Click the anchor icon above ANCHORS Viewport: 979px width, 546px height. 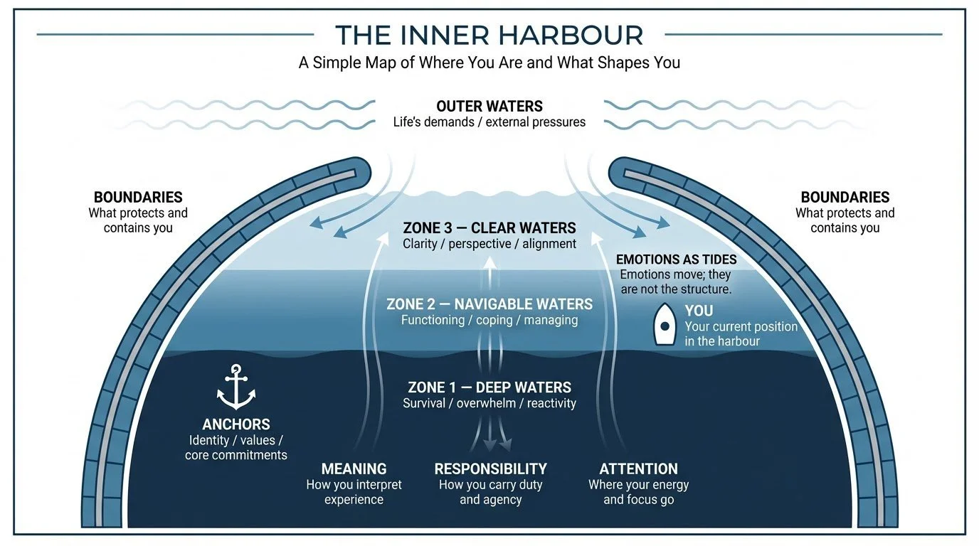pos(236,387)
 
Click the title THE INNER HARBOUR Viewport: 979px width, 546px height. pos(489,35)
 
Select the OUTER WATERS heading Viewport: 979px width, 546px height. pos(489,107)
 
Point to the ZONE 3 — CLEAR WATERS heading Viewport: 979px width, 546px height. pos(489,228)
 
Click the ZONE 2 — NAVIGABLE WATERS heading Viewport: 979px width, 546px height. pos(489,304)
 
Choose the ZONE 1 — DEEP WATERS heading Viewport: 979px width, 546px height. pos(489,387)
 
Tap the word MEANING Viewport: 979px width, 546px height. pos(354,469)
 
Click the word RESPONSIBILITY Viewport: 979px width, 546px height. pos(490,469)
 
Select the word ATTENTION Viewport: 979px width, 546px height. pos(638,469)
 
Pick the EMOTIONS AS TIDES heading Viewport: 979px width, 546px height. pos(676,259)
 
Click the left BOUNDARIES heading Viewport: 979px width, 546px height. pos(138,198)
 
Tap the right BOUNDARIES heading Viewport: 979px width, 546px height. pos(845,198)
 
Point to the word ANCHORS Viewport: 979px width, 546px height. pos(236,424)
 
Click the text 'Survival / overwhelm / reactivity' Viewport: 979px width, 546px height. pos(489,403)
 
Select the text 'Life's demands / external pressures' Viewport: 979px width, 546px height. pos(489,122)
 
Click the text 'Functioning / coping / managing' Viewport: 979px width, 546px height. pos(489,320)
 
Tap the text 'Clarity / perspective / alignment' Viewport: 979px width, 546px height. pos(489,244)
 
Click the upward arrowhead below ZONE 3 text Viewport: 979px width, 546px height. pos(489,261)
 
